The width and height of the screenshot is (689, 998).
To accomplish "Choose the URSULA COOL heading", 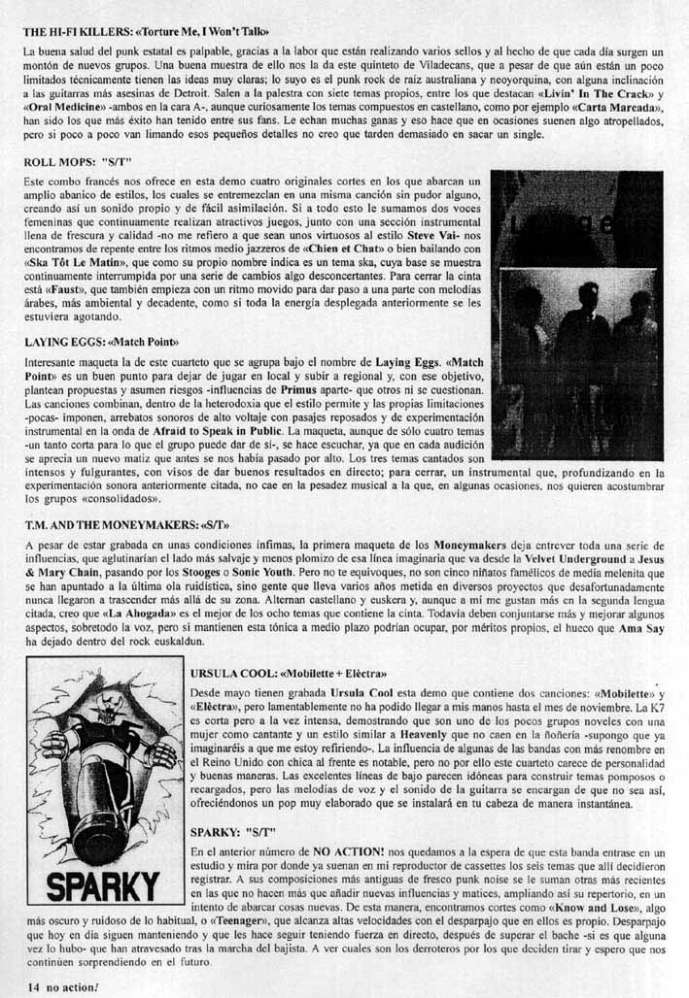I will click(290, 672).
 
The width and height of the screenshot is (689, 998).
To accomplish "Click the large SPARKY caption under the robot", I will click(104, 885).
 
